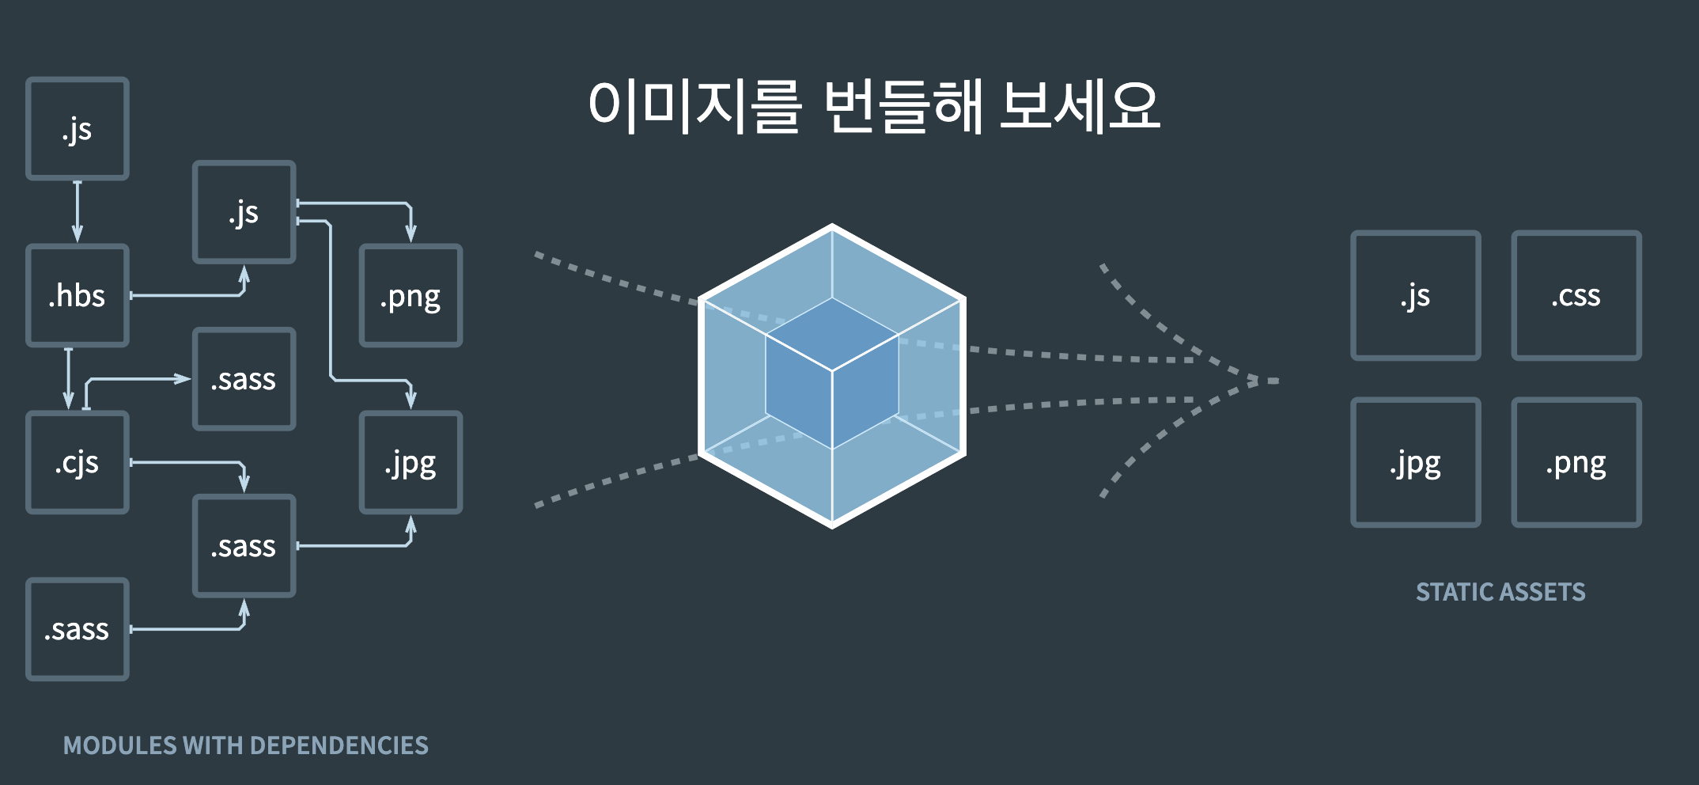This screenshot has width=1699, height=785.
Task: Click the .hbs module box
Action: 78,295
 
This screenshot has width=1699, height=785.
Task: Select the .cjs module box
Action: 78,462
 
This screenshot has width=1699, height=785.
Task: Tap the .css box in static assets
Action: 1576,295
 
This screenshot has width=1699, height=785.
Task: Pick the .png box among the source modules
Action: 411,295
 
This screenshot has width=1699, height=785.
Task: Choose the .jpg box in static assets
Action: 1415,462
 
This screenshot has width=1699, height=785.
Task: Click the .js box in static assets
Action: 1415,295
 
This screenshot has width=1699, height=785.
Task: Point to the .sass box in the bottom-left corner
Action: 78,629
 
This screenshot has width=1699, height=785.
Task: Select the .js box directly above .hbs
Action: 78,128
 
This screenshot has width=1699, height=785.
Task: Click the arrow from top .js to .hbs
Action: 78,211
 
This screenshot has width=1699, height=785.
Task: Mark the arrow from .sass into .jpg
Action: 356,544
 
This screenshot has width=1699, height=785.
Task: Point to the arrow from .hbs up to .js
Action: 190,295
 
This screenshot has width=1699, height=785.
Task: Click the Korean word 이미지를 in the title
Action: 694,105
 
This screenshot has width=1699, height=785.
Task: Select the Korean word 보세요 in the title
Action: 1079,105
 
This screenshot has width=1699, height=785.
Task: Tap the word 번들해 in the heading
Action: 902,105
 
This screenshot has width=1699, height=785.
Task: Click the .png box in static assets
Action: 1576,462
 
